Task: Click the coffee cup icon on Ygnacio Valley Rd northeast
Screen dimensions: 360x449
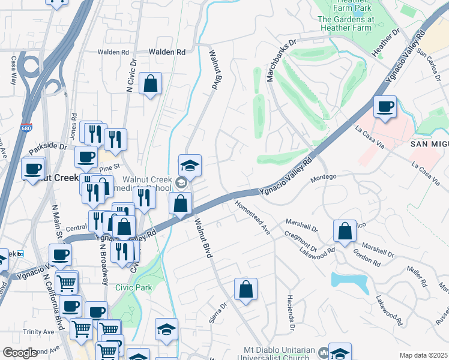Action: coord(385,107)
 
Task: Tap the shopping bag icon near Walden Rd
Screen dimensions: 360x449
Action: coord(150,83)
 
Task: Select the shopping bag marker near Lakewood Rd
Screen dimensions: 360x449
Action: coord(345,231)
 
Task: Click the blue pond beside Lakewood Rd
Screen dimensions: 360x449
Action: coord(350,281)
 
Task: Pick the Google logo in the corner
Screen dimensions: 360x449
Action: coord(19,353)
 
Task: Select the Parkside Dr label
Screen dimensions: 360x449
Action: coord(47,146)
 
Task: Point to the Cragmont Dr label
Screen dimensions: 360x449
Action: coord(301,242)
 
